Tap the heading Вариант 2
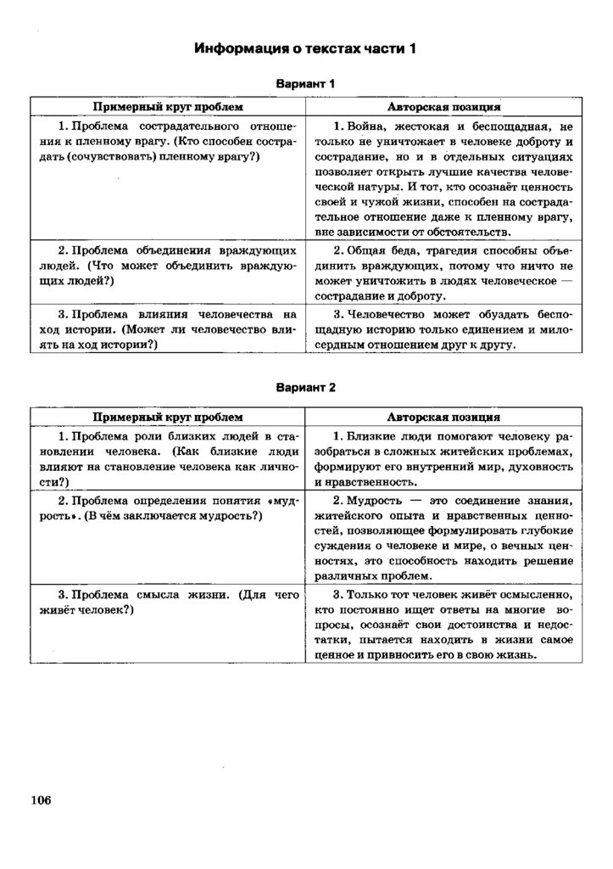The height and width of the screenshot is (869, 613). pyautogui.click(x=306, y=387)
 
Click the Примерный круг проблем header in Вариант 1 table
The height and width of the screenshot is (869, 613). pyautogui.click(x=168, y=108)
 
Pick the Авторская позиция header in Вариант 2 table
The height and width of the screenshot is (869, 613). pyautogui.click(x=443, y=418)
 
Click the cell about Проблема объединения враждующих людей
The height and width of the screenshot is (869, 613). pyautogui.click(x=168, y=266)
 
